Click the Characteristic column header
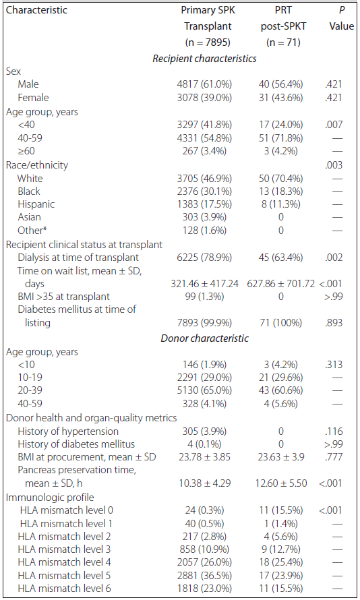pyautogui.click(x=36, y=10)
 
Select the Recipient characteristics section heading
pyautogui.click(x=204, y=59)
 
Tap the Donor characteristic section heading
pyautogui.click(x=204, y=338)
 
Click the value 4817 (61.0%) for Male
pyautogui.click(x=204, y=84)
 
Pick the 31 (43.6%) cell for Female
pyautogui.click(x=281, y=98)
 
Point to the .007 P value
pyautogui.click(x=334, y=125)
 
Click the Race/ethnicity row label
pyautogui.click(x=36, y=165)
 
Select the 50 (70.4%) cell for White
pyautogui.click(x=281, y=179)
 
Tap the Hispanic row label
pyautogui.click(x=36, y=204)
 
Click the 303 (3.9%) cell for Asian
pyautogui.click(x=204, y=217)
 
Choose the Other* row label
pyautogui.click(x=32, y=231)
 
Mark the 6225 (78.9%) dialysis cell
pyautogui.click(x=204, y=258)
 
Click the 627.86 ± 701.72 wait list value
pyautogui.click(x=281, y=284)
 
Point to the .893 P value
pyautogui.click(x=334, y=323)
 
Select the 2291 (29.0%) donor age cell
pyautogui.click(x=204, y=378)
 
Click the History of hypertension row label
pyautogui.click(x=68, y=431)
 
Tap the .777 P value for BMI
pyautogui.click(x=334, y=457)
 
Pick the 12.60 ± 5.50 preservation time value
pyautogui.click(x=281, y=483)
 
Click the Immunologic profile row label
pyautogui.click(x=50, y=498)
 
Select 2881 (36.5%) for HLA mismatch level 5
pyautogui.click(x=204, y=576)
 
